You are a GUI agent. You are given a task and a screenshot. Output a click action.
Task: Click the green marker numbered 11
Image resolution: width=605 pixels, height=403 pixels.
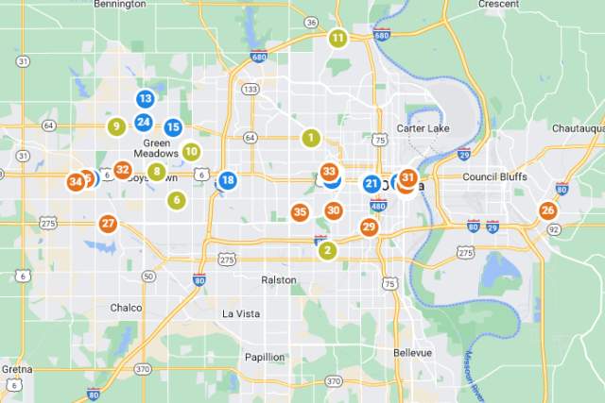tap(337, 39)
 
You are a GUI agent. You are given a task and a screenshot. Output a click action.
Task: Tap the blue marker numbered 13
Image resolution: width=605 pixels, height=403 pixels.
tap(145, 98)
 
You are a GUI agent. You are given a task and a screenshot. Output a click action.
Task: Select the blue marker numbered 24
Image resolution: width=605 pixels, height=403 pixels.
tap(143, 122)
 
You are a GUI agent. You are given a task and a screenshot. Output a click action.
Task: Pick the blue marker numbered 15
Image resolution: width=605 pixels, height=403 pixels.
tap(173, 127)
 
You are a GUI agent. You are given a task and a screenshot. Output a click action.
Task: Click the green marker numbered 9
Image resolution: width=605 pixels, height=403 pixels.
tap(116, 126)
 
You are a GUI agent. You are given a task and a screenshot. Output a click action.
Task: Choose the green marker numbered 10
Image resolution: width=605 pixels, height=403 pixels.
tap(191, 151)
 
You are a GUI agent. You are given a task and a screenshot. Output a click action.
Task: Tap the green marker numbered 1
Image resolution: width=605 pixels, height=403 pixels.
tap(309, 138)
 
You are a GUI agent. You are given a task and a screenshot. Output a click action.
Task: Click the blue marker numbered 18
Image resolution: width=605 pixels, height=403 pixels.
tap(228, 180)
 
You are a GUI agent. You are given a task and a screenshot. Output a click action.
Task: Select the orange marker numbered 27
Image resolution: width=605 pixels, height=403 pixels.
tap(108, 224)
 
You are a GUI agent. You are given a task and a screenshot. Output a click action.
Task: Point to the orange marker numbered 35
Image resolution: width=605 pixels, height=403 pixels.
tap(300, 212)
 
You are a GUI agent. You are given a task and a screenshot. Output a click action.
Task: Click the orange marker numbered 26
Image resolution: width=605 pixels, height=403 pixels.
tap(547, 210)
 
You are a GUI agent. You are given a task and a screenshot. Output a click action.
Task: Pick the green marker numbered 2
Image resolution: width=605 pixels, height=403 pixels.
tap(327, 250)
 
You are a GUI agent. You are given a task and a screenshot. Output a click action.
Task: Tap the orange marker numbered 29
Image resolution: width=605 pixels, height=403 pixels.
tap(369, 227)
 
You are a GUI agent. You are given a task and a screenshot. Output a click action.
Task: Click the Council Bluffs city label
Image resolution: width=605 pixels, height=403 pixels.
tap(498, 176)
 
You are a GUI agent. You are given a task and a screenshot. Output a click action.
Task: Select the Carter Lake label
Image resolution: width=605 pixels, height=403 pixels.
tap(423, 128)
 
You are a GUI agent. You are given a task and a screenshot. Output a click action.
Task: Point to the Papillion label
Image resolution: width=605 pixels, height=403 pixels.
tap(265, 357)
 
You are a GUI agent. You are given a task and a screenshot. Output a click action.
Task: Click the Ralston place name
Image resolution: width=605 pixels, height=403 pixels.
tap(278, 280)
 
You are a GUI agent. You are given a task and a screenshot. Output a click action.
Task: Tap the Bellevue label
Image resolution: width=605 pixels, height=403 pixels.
tap(412, 352)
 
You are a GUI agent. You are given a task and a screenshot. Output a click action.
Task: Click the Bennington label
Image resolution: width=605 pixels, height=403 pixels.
tap(119, 4)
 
